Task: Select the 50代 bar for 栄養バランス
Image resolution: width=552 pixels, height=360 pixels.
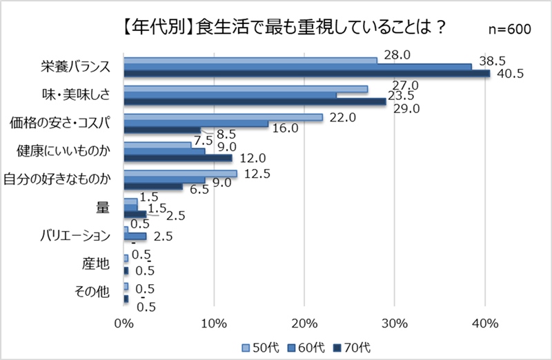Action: (250, 60)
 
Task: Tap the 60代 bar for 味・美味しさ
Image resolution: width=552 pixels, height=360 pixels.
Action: (230, 95)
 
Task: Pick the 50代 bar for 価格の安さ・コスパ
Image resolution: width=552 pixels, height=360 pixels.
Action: (223, 117)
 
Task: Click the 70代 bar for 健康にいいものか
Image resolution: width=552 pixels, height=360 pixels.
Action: (178, 158)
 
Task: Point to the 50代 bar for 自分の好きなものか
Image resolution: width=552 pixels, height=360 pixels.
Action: (180, 173)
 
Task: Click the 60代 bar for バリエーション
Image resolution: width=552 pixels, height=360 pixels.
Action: (135, 237)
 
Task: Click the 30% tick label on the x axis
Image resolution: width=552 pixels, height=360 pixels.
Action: (394, 323)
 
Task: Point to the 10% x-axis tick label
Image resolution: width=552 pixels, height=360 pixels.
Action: (213, 323)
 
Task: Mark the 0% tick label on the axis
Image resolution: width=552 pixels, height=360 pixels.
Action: (124, 323)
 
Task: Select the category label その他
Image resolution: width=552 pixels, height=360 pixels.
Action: (92, 291)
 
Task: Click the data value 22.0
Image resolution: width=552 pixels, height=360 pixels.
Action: (342, 117)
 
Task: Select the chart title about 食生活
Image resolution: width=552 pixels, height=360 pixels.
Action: (279, 28)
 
